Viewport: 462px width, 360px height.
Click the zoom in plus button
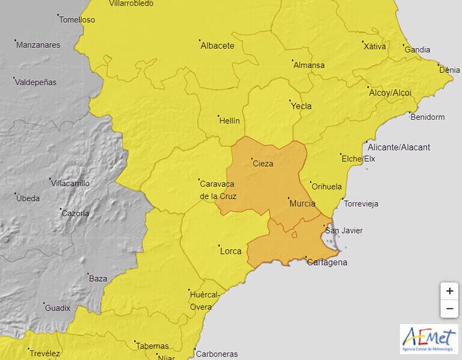coord(449,291)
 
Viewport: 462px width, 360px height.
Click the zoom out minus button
coord(449,309)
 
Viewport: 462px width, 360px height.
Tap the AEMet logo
coord(429,339)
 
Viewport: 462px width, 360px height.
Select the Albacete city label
coord(217,46)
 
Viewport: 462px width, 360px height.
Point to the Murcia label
coord(302,203)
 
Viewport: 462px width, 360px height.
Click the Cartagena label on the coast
coord(327,262)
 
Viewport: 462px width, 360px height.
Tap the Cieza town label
coord(263,164)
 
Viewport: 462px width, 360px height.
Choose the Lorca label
coord(230,250)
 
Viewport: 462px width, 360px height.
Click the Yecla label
coord(301,106)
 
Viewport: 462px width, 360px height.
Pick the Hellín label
coord(229,120)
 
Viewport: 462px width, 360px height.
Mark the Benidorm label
coord(427,117)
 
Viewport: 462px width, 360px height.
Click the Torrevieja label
coord(360,203)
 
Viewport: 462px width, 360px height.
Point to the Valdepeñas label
coord(36,82)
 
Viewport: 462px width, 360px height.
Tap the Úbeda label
coord(28,198)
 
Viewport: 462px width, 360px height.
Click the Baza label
coord(97,278)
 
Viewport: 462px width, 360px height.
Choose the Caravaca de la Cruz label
coord(217,190)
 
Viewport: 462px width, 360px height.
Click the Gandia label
coord(417,49)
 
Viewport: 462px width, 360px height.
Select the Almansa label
coord(309,65)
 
